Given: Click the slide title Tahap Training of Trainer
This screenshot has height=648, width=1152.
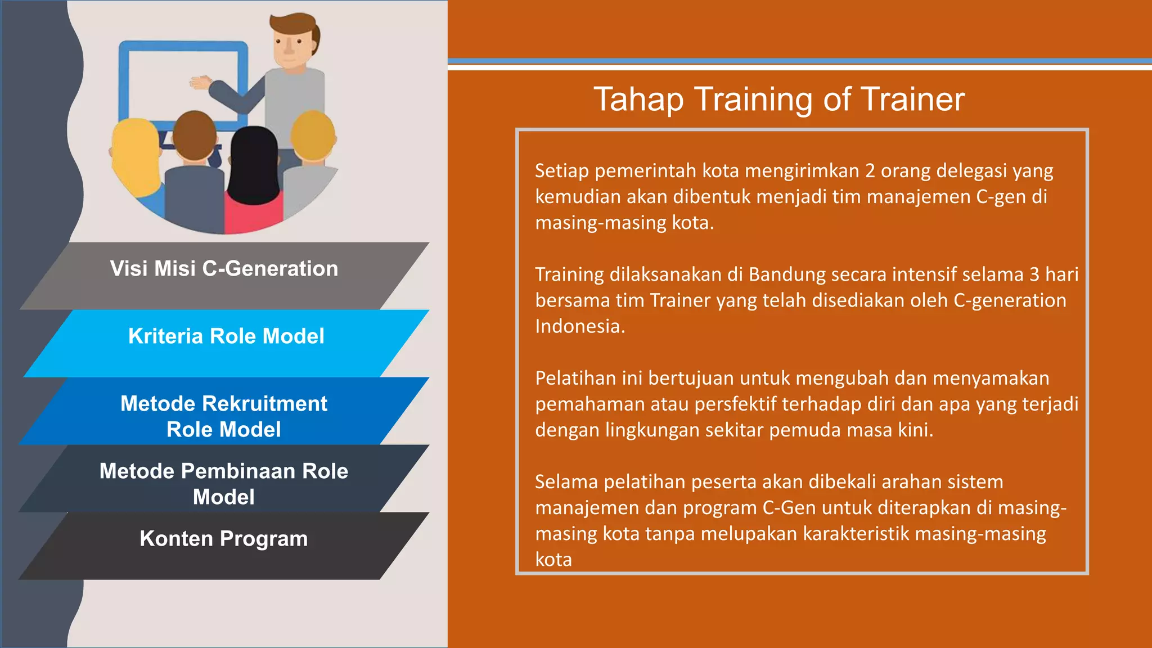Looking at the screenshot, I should pos(778,100).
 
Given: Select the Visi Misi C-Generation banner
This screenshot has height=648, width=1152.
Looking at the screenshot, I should pos(224,269).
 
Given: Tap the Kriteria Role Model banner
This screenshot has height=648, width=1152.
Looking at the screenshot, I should pos(226,336).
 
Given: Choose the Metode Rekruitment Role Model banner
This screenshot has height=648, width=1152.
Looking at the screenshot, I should pos(224,416).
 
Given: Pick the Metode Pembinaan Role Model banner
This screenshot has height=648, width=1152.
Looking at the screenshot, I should pos(224,484).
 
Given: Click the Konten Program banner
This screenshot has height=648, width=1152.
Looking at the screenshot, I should pos(224,539).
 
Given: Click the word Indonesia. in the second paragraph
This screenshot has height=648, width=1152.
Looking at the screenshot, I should pos(579,326).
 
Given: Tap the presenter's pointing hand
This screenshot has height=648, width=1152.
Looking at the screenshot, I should pos(200,83).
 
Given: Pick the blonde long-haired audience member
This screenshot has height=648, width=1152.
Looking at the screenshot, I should pos(135,152).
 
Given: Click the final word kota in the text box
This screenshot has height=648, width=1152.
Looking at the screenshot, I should pos(553,560).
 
